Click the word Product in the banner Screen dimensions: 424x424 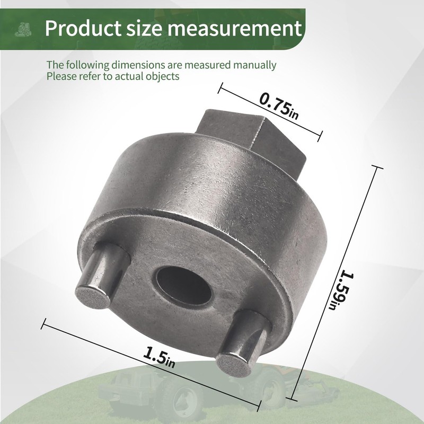click(83, 28)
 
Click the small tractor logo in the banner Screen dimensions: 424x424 click(23, 30)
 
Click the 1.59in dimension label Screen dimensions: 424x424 click(341, 290)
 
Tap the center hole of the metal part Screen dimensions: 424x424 click(183, 286)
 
